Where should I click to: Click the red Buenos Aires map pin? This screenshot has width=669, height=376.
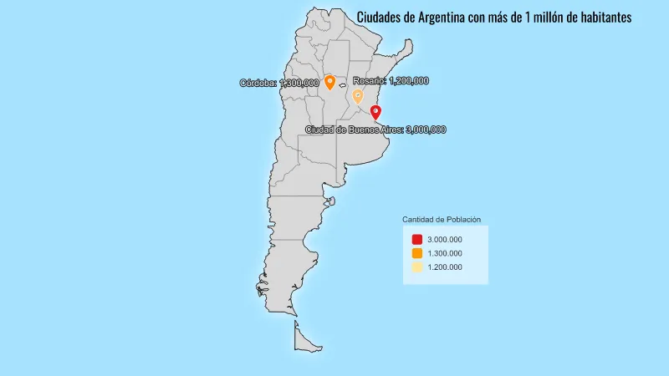[375, 112]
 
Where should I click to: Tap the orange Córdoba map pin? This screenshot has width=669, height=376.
[329, 81]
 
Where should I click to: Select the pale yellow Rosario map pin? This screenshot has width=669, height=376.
[357, 96]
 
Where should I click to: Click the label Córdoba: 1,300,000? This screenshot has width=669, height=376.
[279, 83]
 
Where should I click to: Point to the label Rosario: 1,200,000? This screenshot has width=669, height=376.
[391, 80]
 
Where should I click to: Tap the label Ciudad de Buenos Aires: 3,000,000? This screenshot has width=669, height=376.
[375, 130]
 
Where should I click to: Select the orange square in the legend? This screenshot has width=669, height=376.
[417, 253]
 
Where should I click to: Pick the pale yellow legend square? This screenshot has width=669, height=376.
[417, 267]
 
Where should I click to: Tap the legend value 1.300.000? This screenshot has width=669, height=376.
[444, 253]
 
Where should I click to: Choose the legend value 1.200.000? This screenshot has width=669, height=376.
[444, 267]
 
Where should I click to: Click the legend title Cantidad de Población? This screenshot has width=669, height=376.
[442, 219]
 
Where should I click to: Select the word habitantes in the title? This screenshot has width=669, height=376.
[601, 17]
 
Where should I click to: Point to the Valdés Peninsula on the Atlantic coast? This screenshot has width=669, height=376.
[330, 201]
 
